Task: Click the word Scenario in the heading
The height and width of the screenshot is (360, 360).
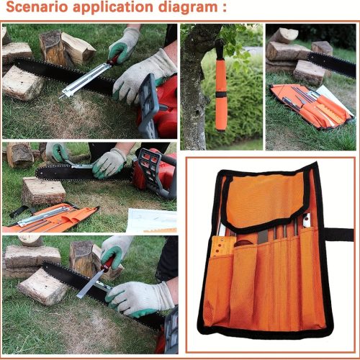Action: coord(37,6)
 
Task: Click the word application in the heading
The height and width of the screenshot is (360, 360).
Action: coord(113,8)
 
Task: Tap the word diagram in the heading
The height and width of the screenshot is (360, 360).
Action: coord(188,8)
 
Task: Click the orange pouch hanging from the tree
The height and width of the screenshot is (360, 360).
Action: coord(221,94)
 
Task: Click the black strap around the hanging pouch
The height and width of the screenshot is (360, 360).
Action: coord(221,94)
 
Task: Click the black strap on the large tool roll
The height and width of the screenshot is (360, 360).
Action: coord(339,235)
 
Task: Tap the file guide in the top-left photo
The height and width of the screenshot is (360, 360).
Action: coord(84,80)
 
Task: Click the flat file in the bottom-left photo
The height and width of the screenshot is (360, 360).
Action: coord(90,285)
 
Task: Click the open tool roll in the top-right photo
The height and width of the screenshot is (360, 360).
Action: coord(312,106)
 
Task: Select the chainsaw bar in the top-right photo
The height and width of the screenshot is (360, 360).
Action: coord(332,64)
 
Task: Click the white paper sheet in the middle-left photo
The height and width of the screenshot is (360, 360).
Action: coord(152,220)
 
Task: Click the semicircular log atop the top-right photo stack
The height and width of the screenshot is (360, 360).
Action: coord(284,35)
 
